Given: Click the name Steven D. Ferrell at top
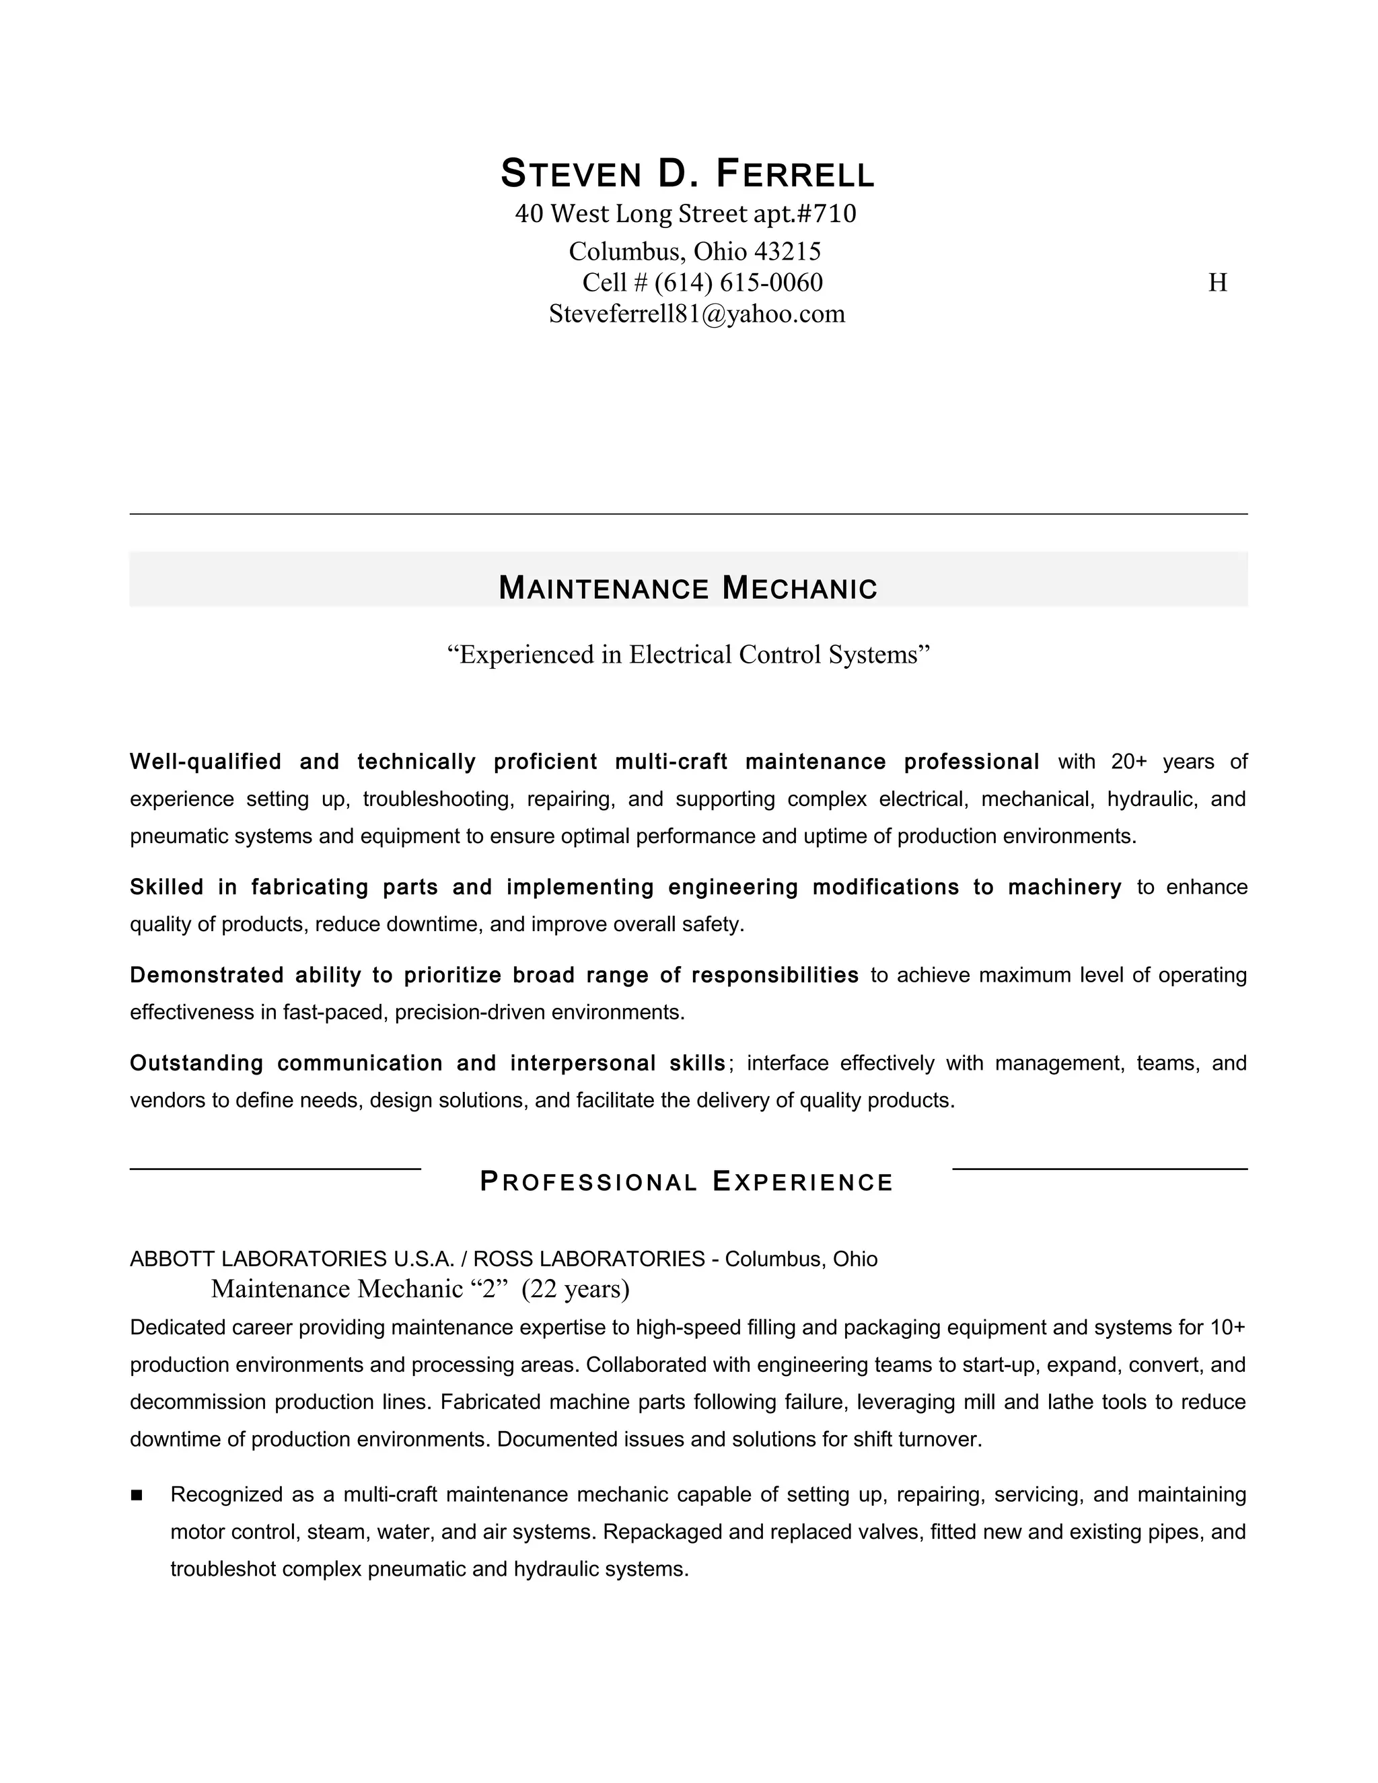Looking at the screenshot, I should [688, 173].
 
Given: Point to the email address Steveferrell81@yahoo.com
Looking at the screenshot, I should [697, 314].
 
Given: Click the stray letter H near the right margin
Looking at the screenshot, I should [1217, 283].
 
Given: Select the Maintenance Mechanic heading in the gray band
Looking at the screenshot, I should [688, 589].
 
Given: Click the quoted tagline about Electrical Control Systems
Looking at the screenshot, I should [688, 655].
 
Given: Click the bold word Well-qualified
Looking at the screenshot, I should [205, 762].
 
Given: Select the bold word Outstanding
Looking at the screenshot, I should [196, 1064].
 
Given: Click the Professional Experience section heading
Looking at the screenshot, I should [688, 1182].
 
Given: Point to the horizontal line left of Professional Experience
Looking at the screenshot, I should [275, 1169].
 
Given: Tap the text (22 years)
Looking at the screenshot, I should [575, 1289].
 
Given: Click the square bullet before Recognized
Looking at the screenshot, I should [137, 1495].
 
